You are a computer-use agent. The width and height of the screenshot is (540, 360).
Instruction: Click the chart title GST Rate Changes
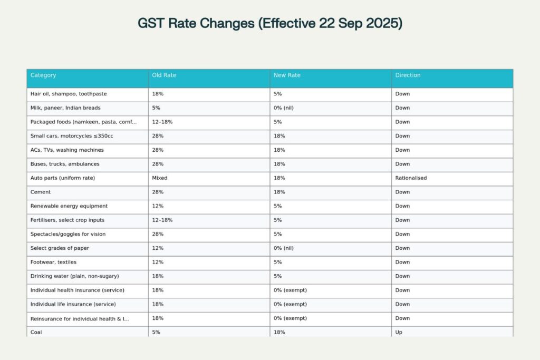tap(269, 24)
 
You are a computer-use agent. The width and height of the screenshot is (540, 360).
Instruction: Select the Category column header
tap(43, 75)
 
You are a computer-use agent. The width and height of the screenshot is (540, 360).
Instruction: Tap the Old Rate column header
tap(164, 75)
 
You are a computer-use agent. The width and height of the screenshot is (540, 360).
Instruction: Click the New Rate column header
tap(287, 75)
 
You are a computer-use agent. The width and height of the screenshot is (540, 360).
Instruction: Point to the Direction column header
tap(408, 75)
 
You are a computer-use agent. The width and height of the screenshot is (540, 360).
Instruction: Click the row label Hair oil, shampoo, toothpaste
tap(69, 94)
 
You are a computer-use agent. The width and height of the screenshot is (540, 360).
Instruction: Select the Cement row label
tap(41, 192)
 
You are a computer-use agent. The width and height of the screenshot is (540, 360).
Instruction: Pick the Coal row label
tap(37, 333)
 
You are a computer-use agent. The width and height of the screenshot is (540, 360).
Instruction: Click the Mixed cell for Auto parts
tap(160, 178)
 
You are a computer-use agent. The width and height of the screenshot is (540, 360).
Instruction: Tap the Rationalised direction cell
tap(411, 178)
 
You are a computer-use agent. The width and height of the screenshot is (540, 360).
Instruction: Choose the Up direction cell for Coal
tap(399, 333)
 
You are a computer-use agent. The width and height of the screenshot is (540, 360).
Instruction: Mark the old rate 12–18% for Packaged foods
tap(162, 122)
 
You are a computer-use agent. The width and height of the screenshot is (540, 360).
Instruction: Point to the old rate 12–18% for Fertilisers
tap(162, 220)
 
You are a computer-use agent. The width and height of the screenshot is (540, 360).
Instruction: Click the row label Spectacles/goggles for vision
tap(68, 234)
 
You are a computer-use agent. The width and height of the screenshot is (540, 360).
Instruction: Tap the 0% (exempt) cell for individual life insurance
tap(290, 304)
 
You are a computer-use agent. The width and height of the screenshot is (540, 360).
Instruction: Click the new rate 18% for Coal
tap(279, 333)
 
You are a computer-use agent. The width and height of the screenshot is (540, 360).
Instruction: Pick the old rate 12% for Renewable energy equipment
tap(158, 206)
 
